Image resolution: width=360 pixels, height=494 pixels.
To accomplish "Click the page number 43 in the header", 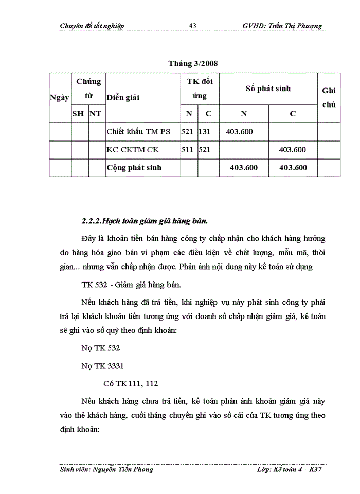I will pos(193,26).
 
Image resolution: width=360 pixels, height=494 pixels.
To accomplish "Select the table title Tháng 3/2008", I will pos(193,64).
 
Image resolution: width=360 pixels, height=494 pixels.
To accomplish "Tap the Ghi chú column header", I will pos(329,97).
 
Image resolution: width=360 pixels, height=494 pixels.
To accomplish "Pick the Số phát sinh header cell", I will pos(268,89).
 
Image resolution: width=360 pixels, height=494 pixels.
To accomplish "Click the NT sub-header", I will pos(95,114).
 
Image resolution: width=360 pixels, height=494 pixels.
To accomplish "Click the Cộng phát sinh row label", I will pos(134,168).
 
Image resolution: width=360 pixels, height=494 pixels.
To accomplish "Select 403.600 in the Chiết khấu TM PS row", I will pos(239,132).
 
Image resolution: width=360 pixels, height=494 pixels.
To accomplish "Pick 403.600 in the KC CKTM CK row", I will pos(292,150).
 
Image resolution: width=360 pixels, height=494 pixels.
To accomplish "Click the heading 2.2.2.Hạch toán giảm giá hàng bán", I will pos(145,222).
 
